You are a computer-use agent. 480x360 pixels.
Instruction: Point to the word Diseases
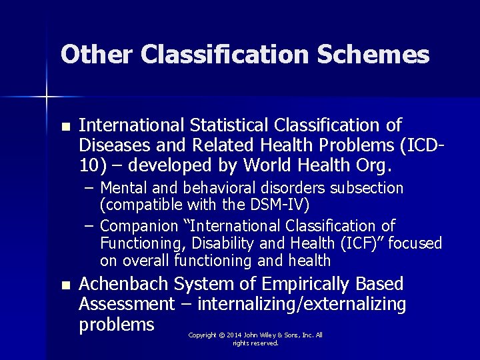[x=111, y=145]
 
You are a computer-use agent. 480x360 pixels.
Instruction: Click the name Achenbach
[x=123, y=285]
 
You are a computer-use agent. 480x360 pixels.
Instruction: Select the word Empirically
[x=306, y=285]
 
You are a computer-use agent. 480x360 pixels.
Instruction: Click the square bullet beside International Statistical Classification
[x=65, y=127]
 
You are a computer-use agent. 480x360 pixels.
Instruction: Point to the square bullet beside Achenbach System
[x=65, y=286]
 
